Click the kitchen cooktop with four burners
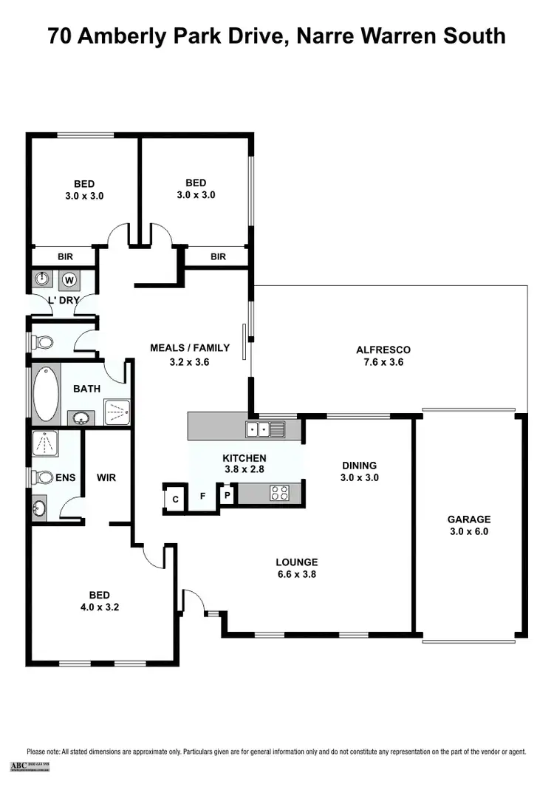coord(280,493)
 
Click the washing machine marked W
coord(69,279)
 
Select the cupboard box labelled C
coord(175,498)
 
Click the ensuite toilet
coord(39,477)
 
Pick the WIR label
coord(106,478)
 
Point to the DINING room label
coord(359,466)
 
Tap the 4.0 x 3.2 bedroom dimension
coord(100,607)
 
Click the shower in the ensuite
coord(44,443)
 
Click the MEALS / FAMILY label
coord(190,347)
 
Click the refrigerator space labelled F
coord(202,497)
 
